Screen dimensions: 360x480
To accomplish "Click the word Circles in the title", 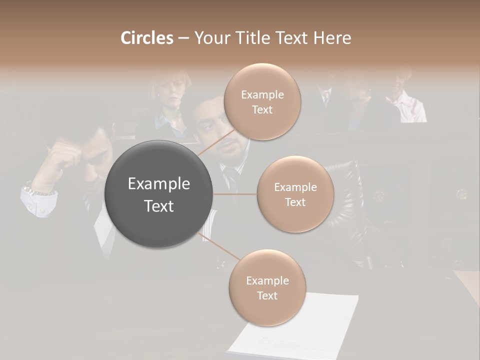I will tap(146, 38).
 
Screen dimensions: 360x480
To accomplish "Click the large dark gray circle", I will tap(158, 193).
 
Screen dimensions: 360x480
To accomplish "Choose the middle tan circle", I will tap(295, 194).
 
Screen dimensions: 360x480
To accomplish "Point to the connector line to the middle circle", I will tap(235, 194).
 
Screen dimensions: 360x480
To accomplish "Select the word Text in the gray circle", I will tap(158, 206).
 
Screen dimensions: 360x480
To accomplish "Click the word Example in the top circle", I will tap(262, 94).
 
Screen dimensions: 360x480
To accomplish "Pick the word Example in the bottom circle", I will tap(267, 280).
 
